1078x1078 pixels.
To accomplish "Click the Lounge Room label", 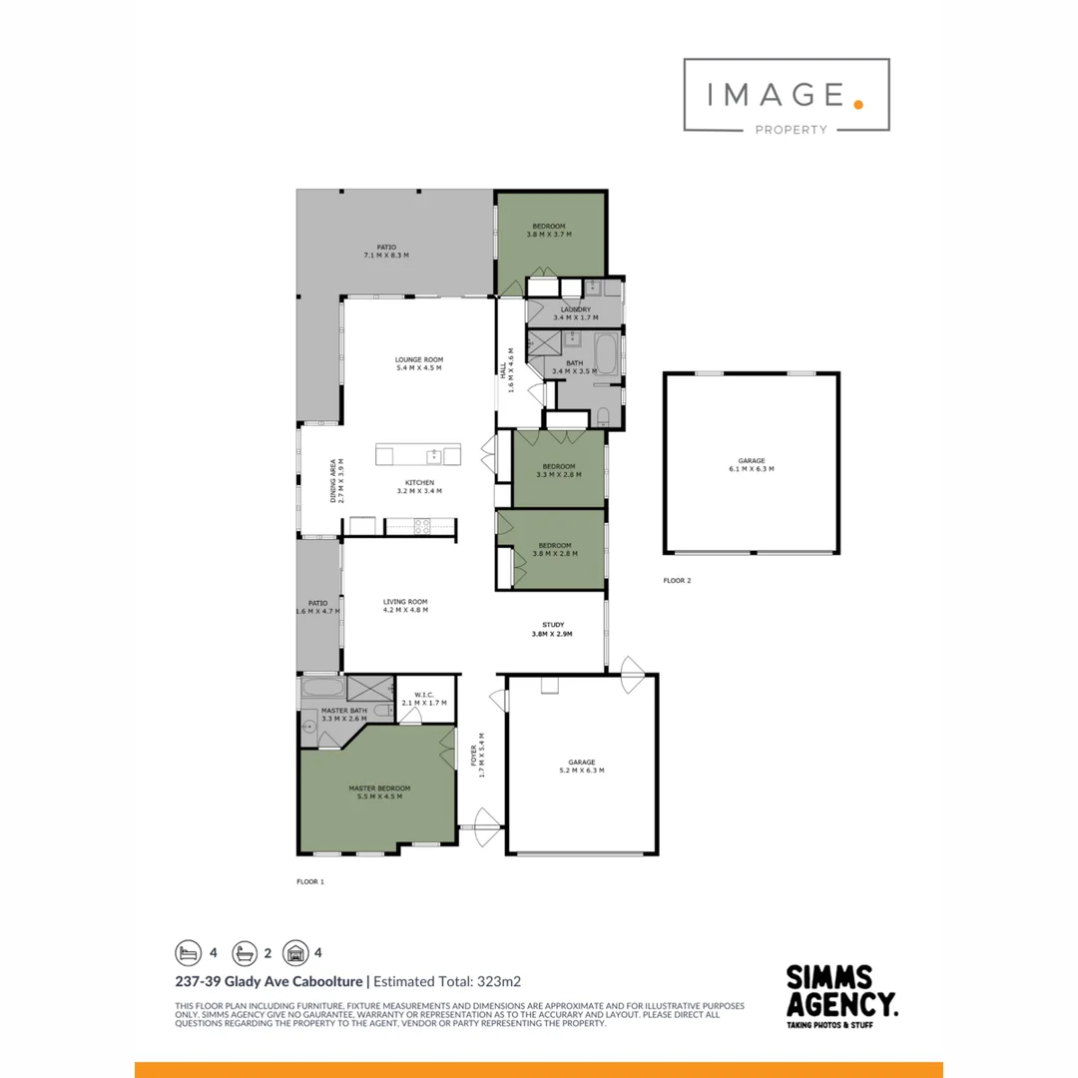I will point(418,359).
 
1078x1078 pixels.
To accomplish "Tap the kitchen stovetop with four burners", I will point(420,524).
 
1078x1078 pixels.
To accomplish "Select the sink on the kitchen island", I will point(434,456).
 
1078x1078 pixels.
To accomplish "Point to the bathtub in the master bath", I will point(322,688).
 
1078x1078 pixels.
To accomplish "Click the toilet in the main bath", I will point(605,417).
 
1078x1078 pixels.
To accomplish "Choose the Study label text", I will point(553,625).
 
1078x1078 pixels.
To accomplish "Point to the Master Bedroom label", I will point(379,789).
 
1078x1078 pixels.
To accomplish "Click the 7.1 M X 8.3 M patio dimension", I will point(386,256).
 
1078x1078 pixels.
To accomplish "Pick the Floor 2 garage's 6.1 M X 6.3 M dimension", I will point(752,469).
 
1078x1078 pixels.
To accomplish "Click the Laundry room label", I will point(575,309).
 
